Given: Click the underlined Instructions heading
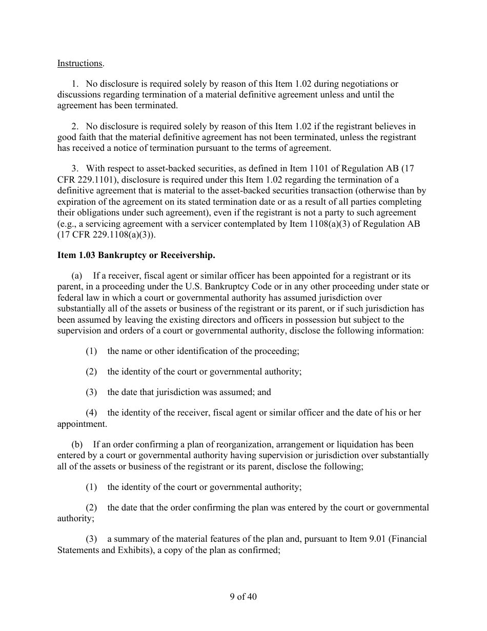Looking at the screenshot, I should [x=80, y=64].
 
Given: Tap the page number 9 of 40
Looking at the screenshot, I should [x=243, y=597].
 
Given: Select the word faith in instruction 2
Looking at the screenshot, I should [x=87, y=137].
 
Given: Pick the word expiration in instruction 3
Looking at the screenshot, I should [x=77, y=201].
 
